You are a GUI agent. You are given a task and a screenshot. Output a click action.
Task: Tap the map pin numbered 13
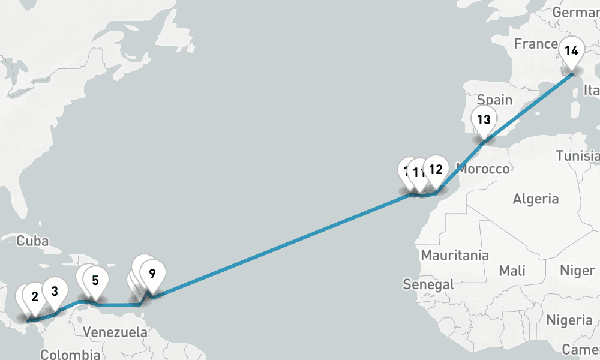click(484, 119)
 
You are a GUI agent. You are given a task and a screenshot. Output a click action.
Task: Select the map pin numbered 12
click(436, 169)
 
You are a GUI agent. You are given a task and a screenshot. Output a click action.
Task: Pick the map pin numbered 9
click(152, 274)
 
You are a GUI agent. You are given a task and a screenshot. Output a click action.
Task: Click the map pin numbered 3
click(55, 292)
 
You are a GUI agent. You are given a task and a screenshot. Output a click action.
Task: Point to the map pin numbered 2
click(34, 296)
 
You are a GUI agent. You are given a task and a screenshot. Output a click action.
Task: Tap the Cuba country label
click(32, 241)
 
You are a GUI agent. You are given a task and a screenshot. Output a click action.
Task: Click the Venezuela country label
click(115, 332)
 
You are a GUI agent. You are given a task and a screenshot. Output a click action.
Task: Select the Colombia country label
click(70, 354)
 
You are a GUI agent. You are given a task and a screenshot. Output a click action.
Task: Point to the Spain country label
click(494, 100)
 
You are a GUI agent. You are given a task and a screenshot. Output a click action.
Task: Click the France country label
click(536, 44)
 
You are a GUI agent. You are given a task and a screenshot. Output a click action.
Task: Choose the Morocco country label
click(483, 169)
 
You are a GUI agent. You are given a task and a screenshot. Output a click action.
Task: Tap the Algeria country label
click(536, 199)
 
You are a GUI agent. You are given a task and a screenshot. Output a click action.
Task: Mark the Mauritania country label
click(454, 255)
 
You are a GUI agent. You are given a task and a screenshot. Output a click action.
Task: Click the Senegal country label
click(428, 284)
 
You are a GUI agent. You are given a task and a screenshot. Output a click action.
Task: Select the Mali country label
click(512, 271)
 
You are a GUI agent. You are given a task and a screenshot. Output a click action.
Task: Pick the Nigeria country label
click(569, 319)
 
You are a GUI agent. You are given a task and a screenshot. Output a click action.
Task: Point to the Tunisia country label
click(577, 156)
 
